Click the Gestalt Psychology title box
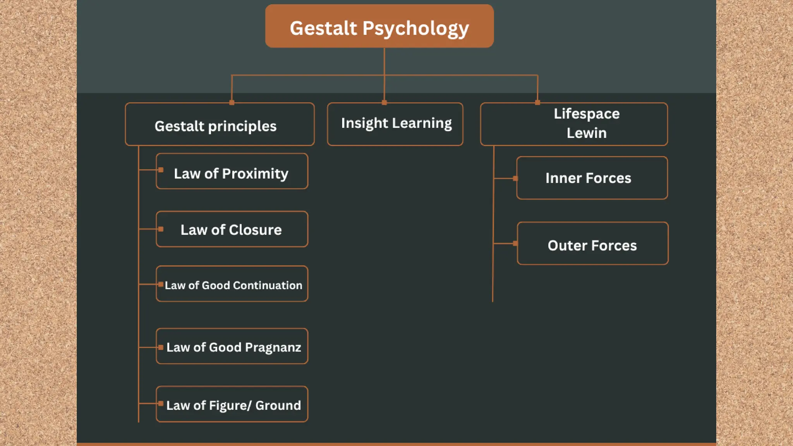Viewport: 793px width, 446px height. (x=379, y=26)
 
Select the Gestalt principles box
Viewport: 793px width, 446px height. (x=220, y=125)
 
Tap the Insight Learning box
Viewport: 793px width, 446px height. (x=395, y=124)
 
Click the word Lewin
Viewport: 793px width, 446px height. (x=586, y=133)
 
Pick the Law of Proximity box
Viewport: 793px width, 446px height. (x=232, y=172)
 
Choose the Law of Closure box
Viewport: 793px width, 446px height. (x=232, y=229)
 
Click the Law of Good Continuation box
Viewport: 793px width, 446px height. (x=232, y=284)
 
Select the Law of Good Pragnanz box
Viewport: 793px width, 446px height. (x=232, y=347)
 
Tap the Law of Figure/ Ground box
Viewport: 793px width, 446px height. (x=232, y=404)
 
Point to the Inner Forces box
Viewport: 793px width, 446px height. (x=592, y=178)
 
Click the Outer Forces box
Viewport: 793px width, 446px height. (x=592, y=244)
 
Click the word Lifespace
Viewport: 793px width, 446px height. (x=586, y=114)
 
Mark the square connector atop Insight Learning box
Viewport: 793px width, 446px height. (x=384, y=103)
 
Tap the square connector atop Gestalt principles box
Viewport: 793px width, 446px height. (x=232, y=103)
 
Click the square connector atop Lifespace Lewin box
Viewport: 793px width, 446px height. (x=537, y=103)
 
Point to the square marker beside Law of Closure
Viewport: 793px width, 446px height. (x=161, y=229)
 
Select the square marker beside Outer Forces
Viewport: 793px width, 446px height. (x=515, y=244)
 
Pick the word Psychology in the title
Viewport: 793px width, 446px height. (x=415, y=29)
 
